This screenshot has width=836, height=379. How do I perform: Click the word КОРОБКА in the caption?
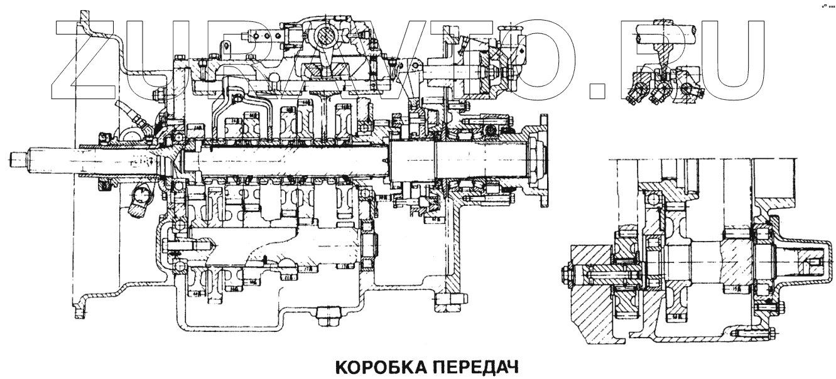[x=381, y=366]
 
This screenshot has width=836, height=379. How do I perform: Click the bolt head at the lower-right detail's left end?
[x=563, y=274]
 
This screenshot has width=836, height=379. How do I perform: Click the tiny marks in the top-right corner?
[x=827, y=5]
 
